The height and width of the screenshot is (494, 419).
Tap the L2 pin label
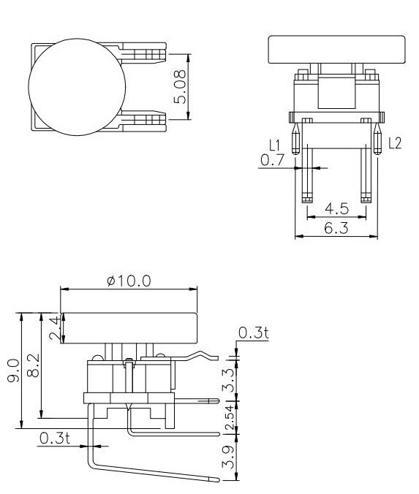(395, 143)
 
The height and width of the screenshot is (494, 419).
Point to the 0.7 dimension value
(272, 160)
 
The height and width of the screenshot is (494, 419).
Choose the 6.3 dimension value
(336, 229)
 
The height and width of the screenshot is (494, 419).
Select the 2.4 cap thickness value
(53, 328)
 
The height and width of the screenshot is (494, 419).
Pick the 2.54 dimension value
(228, 417)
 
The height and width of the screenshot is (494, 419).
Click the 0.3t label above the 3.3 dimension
(253, 333)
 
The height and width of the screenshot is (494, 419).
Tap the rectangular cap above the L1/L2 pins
(337, 49)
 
